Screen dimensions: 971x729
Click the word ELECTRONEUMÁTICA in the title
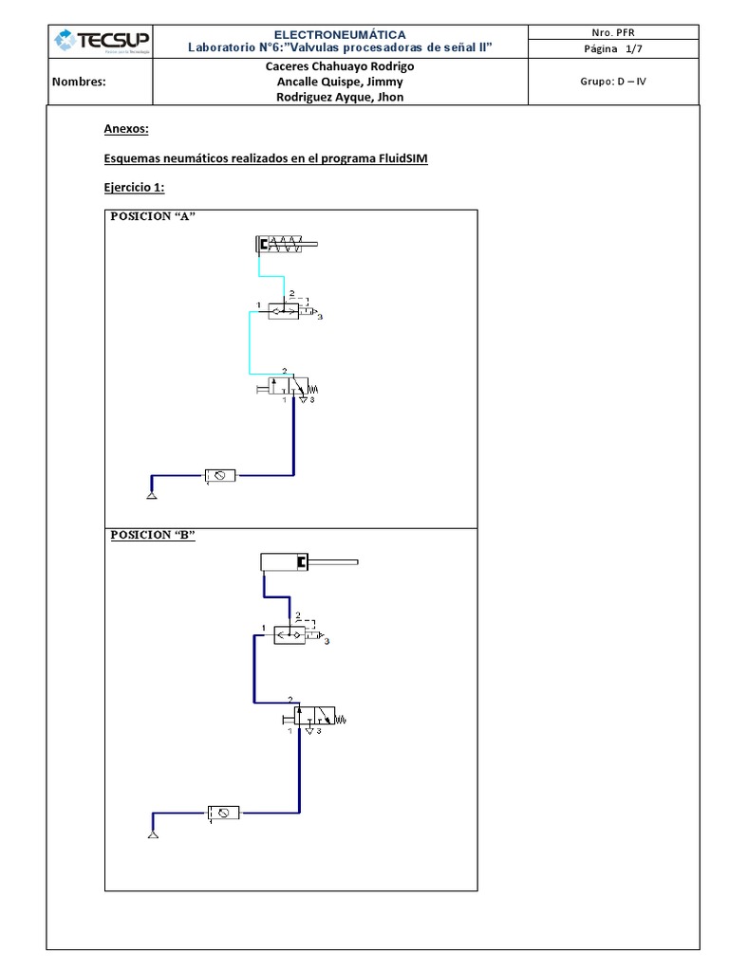[340, 34]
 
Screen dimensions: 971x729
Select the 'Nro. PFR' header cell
[612, 32]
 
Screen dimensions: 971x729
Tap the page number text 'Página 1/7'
[612, 49]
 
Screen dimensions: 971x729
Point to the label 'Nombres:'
[79, 82]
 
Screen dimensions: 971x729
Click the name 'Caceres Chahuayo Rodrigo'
[339, 66]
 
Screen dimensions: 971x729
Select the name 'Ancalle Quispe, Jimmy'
[339, 82]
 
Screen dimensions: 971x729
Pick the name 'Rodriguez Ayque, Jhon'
[339, 97]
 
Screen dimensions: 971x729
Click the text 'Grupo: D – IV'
[613, 82]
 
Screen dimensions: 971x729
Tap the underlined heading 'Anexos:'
[125, 129]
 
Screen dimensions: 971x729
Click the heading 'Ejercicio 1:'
[133, 188]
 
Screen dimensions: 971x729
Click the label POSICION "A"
[152, 216]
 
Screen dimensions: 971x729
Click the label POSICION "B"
[152, 535]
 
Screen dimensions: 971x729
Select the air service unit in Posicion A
[220, 475]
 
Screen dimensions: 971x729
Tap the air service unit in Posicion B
[224, 813]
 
